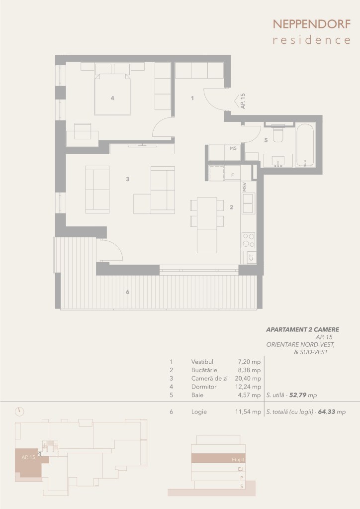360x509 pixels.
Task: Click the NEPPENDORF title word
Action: tap(312, 24)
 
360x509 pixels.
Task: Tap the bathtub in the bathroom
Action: tap(305, 145)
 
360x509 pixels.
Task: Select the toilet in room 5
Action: tap(278, 133)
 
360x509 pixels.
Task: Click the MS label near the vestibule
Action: tap(233, 148)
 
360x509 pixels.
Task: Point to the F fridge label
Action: tap(233, 175)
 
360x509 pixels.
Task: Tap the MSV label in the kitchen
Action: tap(244, 187)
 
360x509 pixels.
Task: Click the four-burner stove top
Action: tap(249, 240)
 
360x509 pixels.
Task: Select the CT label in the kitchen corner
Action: tap(251, 258)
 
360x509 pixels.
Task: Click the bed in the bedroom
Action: tap(112, 94)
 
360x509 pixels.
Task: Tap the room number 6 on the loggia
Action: tap(127, 292)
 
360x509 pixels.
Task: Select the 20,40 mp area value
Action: tap(248, 379)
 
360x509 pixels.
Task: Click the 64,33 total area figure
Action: tap(327, 411)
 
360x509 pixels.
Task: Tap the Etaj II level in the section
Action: tap(238, 460)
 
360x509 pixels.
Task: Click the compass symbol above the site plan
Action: tap(19, 411)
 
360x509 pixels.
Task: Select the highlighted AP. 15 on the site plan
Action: tap(28, 457)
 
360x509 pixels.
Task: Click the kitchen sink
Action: tap(249, 203)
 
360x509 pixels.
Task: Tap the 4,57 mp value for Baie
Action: tap(248, 395)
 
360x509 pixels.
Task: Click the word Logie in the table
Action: tap(199, 412)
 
